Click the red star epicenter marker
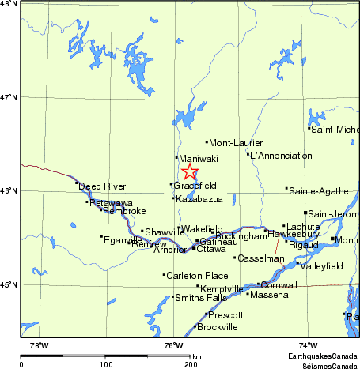[x=190, y=171]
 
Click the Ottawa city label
[x=210, y=249]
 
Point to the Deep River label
[x=102, y=186]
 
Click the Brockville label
[x=217, y=327]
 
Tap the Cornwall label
[x=279, y=285]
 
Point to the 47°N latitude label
[x=9, y=97]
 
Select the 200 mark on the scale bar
[x=191, y=365]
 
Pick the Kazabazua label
[x=199, y=199]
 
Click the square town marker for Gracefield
[x=172, y=185]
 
